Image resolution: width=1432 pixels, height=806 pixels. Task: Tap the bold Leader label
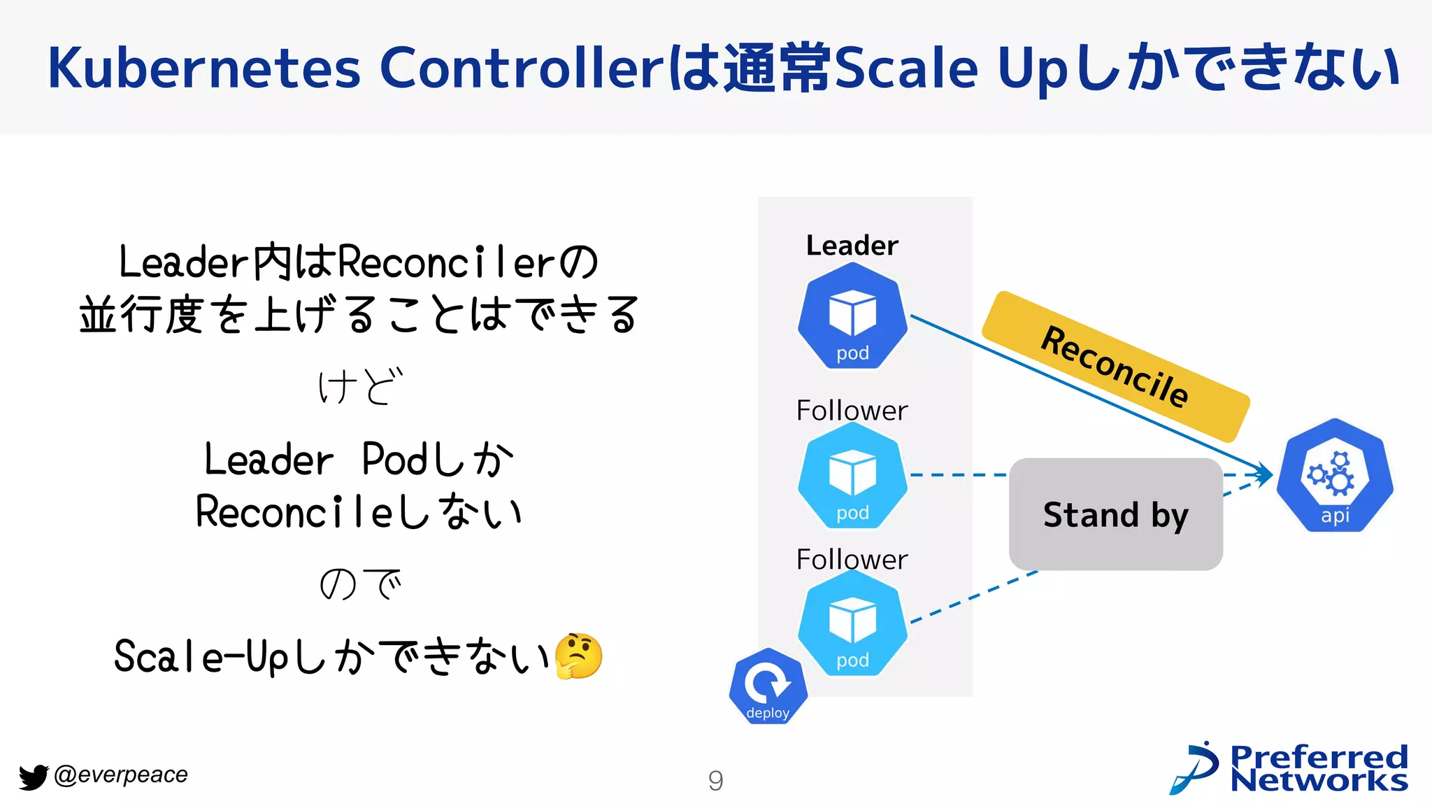click(852, 246)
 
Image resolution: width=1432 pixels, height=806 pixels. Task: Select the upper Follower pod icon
click(852, 475)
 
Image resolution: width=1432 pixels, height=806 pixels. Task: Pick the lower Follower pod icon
click(852, 623)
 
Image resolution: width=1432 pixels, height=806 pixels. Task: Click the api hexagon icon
click(1335, 476)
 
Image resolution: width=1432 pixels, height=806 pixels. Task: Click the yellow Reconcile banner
click(1115, 367)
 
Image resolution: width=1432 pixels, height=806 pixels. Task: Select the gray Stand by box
click(1115, 515)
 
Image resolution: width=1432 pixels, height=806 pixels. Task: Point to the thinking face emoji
click(578, 656)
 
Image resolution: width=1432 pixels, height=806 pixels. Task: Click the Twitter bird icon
click(33, 777)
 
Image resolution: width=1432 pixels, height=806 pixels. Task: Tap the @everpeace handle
click(121, 775)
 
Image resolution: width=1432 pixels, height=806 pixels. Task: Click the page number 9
click(715, 780)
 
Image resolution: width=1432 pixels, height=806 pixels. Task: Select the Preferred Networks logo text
click(1318, 769)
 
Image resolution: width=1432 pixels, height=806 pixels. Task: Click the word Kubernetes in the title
click(204, 69)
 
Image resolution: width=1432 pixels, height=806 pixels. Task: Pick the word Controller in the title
click(521, 69)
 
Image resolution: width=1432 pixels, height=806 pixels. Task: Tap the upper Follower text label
click(852, 411)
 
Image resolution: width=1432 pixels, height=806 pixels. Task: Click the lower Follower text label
click(852, 560)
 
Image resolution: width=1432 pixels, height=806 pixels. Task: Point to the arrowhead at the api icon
click(1266, 474)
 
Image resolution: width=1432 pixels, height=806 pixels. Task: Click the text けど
click(360, 386)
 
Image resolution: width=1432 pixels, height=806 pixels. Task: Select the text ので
click(360, 584)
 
